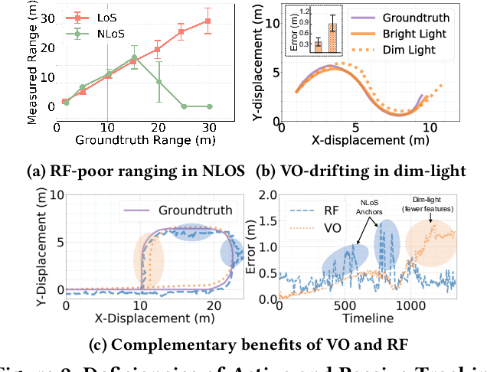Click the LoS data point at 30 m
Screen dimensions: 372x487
tap(208, 21)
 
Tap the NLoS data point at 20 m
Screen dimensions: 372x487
tap(159, 81)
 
